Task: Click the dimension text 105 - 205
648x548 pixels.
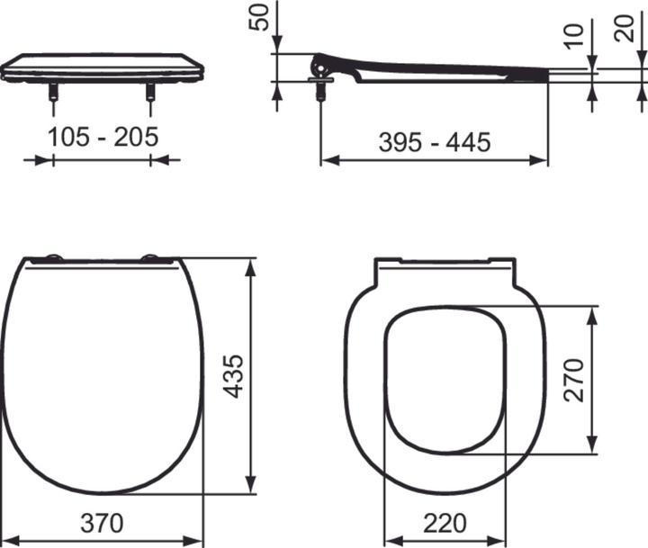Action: tap(103, 137)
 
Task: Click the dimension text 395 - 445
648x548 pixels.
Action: tap(434, 141)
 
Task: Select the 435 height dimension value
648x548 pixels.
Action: tap(233, 377)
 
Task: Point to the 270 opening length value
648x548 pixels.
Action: tap(573, 379)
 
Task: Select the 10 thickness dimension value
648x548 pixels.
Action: tap(576, 37)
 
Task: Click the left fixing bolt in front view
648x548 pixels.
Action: tap(54, 93)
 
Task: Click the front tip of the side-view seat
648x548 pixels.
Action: tap(547, 74)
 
